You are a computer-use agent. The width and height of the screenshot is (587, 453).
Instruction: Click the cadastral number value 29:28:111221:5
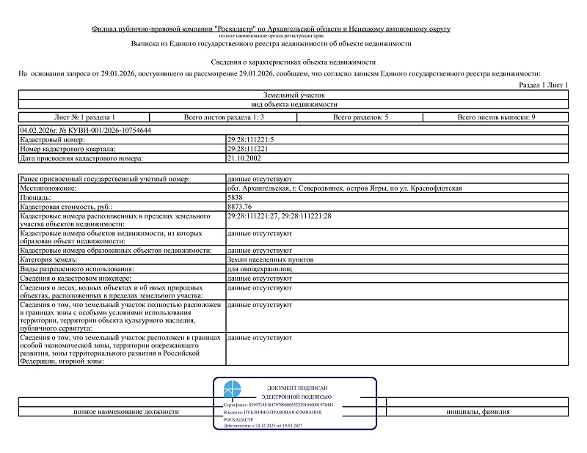click(252, 139)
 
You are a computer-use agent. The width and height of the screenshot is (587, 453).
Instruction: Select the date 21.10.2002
click(244, 158)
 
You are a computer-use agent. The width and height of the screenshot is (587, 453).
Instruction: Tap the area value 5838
click(236, 198)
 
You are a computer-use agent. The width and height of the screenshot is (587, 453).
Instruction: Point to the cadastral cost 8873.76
click(240, 207)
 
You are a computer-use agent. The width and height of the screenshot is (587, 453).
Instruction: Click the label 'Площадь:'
click(36, 198)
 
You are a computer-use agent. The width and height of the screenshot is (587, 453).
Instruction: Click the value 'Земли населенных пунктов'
click(271, 259)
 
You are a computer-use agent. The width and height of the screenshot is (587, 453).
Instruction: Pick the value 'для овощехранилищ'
click(260, 269)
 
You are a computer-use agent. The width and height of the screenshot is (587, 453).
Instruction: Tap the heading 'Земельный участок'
click(293, 95)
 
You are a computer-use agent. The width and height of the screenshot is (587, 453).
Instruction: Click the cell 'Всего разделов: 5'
click(360, 117)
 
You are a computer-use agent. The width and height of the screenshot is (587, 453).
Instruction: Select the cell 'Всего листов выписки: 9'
click(496, 117)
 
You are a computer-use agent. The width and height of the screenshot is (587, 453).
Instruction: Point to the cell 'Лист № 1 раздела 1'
click(84, 117)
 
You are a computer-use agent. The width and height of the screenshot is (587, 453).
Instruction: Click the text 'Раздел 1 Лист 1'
click(544, 86)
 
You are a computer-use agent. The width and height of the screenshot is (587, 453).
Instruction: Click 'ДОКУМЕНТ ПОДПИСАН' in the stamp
click(297, 387)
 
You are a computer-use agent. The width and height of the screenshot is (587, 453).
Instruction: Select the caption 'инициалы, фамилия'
click(478, 412)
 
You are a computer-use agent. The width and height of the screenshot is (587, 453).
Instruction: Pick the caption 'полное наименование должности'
click(126, 412)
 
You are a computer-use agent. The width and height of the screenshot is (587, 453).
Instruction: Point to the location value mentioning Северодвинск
click(345, 188)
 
